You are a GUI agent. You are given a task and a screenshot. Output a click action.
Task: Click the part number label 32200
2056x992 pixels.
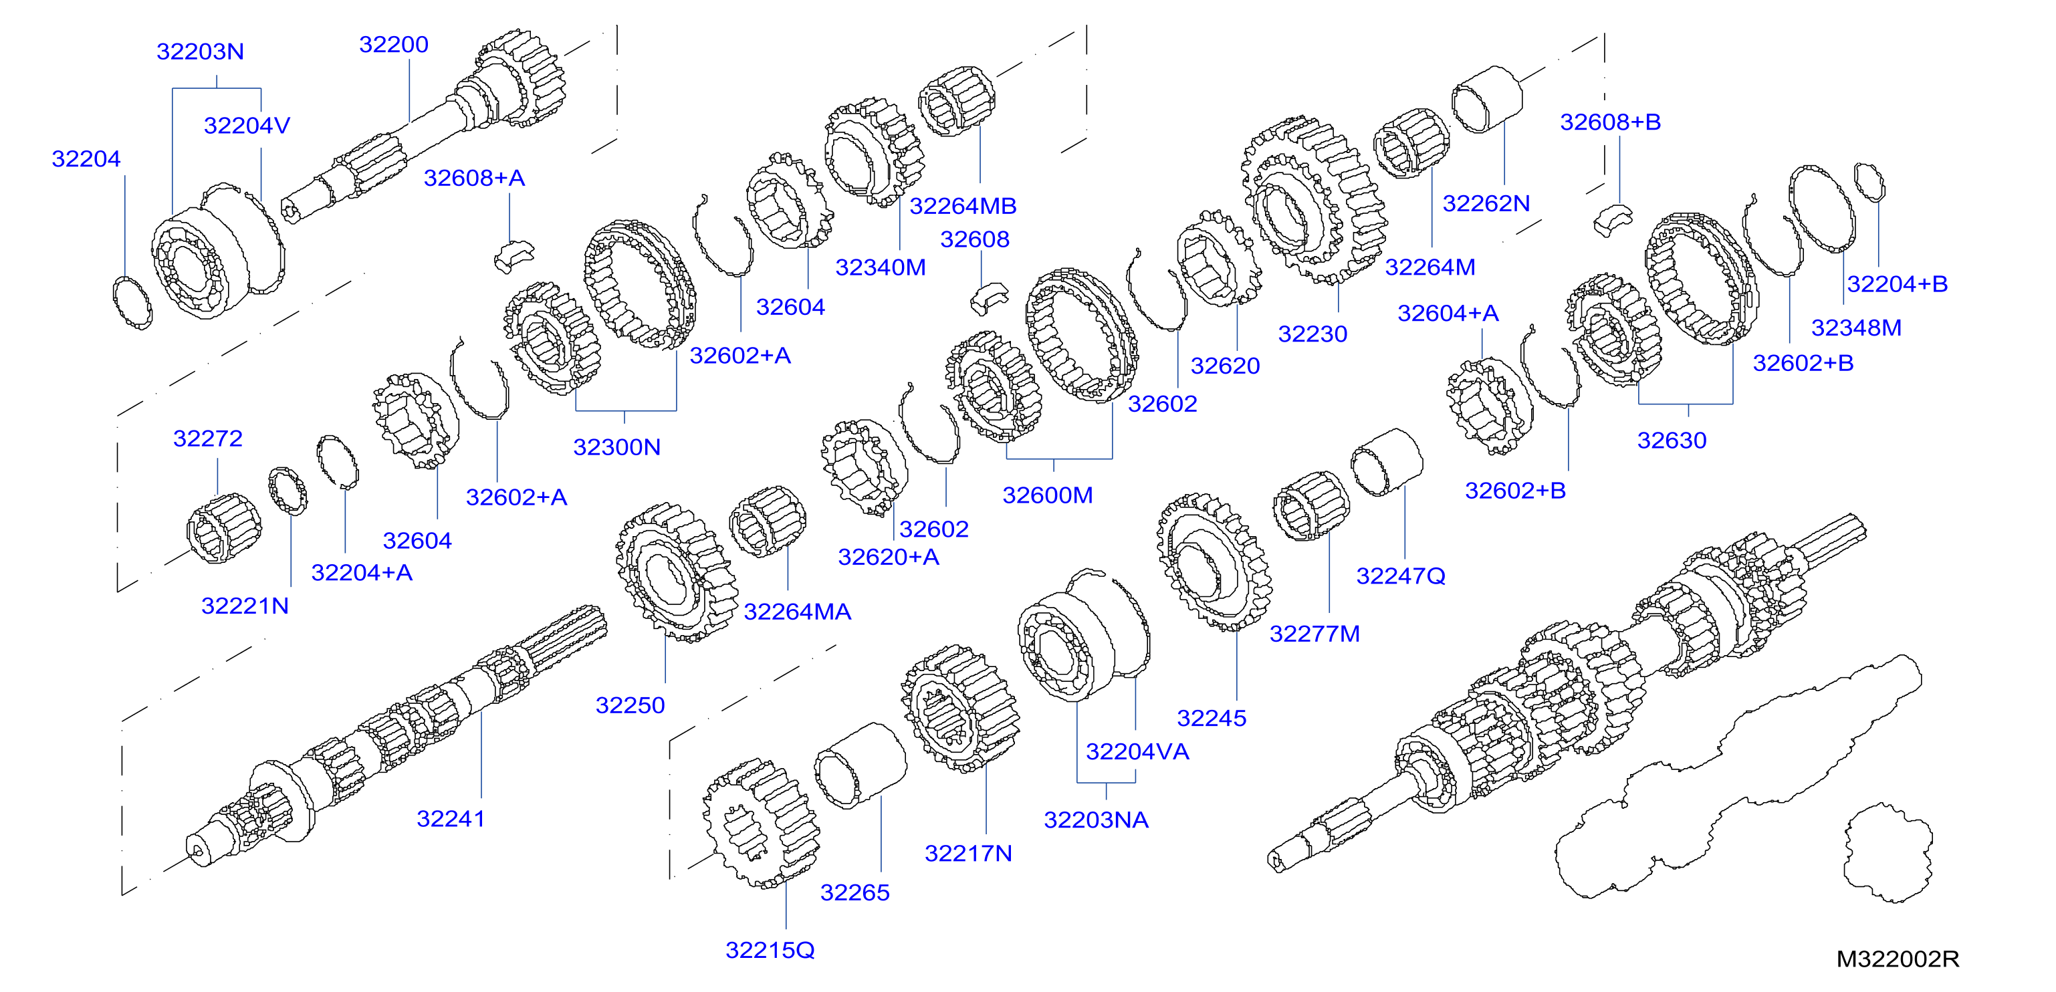coord(393,45)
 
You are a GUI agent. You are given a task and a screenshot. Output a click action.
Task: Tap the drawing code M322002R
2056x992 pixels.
coord(1897,959)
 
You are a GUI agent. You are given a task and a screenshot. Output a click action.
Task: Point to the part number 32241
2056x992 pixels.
coord(451,818)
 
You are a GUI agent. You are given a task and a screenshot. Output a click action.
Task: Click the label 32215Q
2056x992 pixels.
coord(770,950)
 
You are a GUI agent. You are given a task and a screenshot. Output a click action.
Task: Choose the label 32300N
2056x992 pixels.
coord(617,447)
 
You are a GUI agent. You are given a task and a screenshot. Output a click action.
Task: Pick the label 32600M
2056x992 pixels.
coord(1048,495)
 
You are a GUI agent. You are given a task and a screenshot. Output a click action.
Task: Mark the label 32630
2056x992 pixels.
coord(1672,440)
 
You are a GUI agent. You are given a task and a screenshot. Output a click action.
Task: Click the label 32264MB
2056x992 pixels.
coord(963,206)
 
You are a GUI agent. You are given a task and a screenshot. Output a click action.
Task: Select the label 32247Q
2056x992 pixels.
coord(1401,576)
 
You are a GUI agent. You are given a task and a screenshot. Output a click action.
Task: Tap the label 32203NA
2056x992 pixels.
coord(1097,820)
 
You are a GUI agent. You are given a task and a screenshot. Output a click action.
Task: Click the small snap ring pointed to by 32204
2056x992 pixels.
coord(132,302)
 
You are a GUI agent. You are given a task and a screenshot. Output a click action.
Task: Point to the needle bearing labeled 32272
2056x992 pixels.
coord(224,528)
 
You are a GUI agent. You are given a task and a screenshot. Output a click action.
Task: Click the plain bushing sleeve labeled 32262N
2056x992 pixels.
coord(1487,99)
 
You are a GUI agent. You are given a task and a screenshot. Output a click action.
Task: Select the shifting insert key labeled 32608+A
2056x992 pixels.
coord(513,256)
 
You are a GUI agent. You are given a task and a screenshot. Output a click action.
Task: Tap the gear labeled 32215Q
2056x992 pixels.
coord(761,823)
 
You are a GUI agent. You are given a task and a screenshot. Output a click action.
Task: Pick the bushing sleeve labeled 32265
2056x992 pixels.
coord(861,766)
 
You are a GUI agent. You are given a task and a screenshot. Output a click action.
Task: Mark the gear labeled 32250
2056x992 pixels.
coord(677,572)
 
